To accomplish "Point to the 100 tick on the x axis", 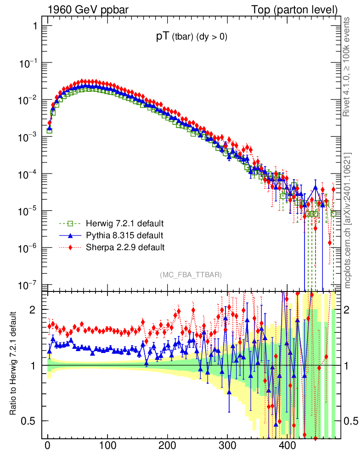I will coord(107,445).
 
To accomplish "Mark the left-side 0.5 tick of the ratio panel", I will coord(30,421).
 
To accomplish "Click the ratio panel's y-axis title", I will coord(14,364).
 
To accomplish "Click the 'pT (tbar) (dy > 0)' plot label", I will coord(192,38).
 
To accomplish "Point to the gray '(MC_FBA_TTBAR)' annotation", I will coord(191,275).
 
